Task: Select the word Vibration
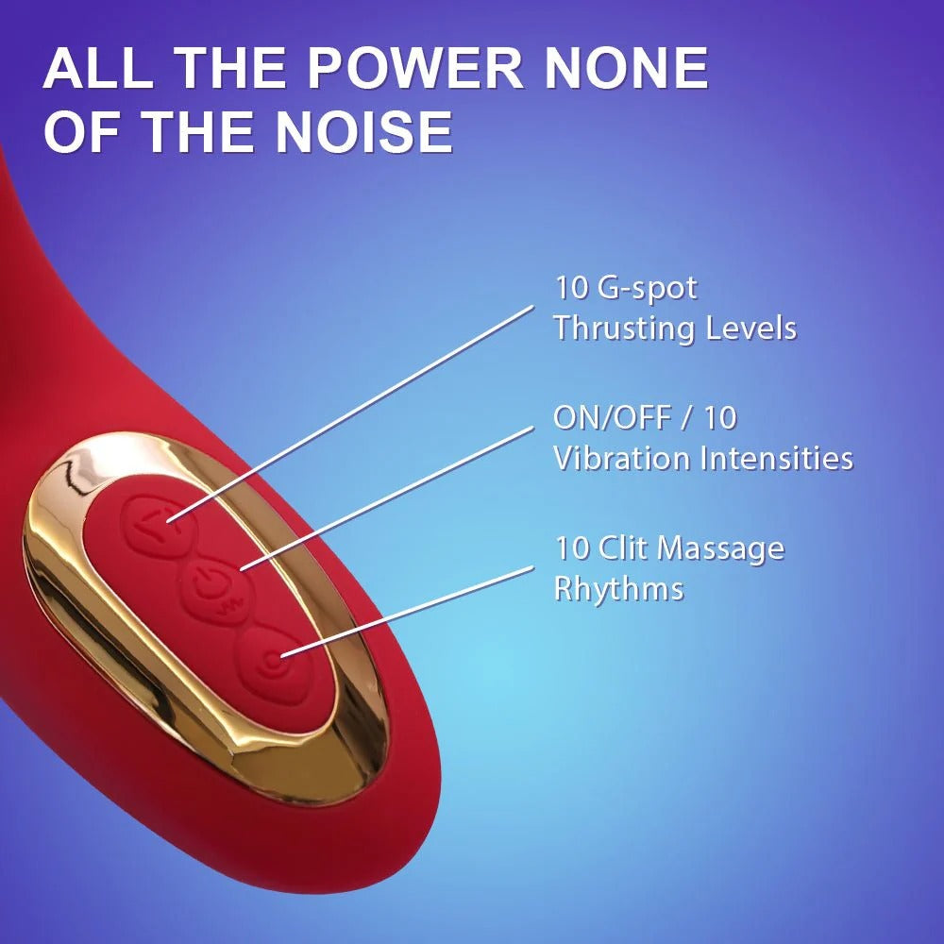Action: pyautogui.click(x=621, y=458)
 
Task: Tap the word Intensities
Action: pyautogui.click(x=777, y=458)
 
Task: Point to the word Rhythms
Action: pyautogui.click(x=619, y=589)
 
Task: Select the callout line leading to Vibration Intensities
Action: pyautogui.click(x=386, y=497)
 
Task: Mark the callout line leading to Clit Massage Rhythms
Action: pyautogui.click(x=407, y=611)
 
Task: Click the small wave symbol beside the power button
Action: pyautogui.click(x=230, y=605)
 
